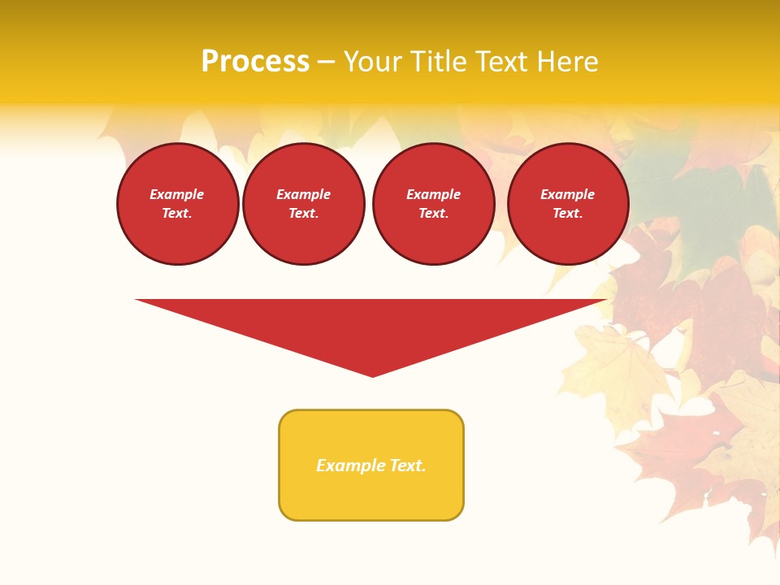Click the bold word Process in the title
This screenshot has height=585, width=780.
click(255, 62)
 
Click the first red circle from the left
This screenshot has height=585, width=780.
click(178, 204)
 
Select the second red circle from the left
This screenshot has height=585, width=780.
click(304, 204)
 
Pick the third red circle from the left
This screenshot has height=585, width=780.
click(434, 204)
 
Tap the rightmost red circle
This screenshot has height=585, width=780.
click(568, 204)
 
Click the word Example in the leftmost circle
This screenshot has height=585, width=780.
click(177, 194)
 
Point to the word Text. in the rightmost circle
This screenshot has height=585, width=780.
click(568, 214)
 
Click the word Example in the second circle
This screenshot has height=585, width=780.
click(304, 194)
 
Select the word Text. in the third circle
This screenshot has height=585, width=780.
click(434, 214)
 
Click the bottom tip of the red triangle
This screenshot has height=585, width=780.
click(373, 375)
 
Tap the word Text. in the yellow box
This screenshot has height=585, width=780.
click(408, 466)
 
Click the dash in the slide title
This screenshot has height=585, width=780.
click(326, 63)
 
